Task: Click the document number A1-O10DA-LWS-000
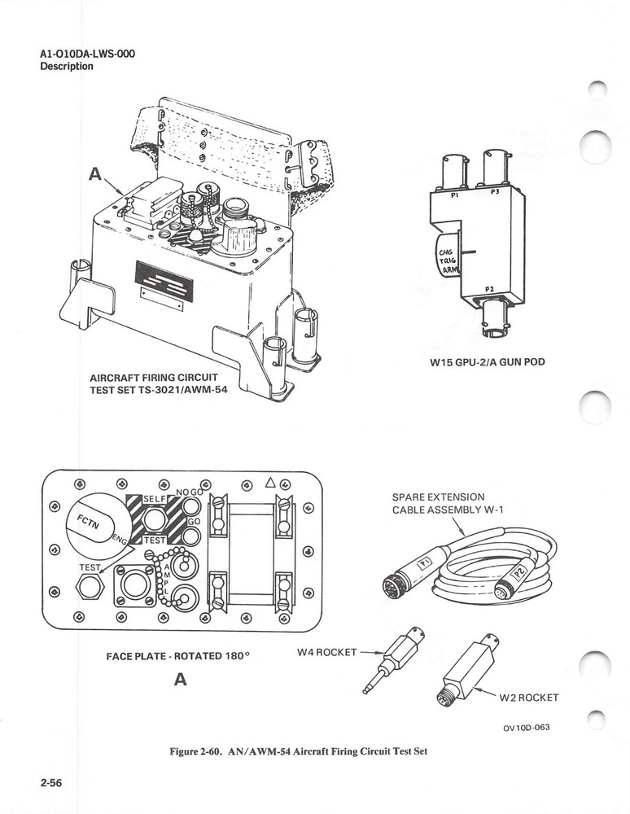pyautogui.click(x=87, y=55)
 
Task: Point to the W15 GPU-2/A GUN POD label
pyautogui.click(x=487, y=362)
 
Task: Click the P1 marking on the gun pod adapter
pyautogui.click(x=455, y=195)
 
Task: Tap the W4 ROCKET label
pyautogui.click(x=324, y=652)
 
